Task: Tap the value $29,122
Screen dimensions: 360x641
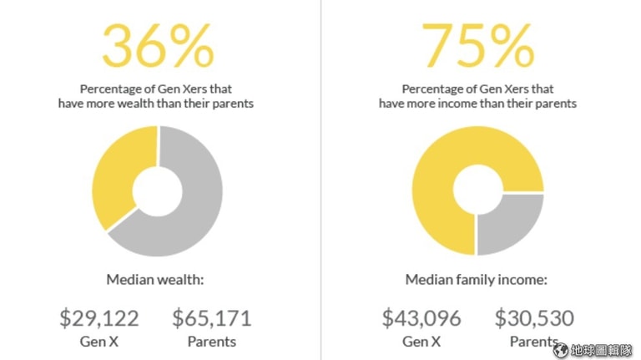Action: point(98,318)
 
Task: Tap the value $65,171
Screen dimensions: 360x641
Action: point(211,318)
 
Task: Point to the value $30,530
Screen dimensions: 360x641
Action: point(534,318)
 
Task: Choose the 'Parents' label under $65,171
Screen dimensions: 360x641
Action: point(211,341)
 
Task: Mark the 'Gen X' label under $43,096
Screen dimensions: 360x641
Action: point(421,341)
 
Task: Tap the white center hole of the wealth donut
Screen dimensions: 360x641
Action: point(157,190)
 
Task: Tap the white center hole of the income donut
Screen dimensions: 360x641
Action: point(477,190)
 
